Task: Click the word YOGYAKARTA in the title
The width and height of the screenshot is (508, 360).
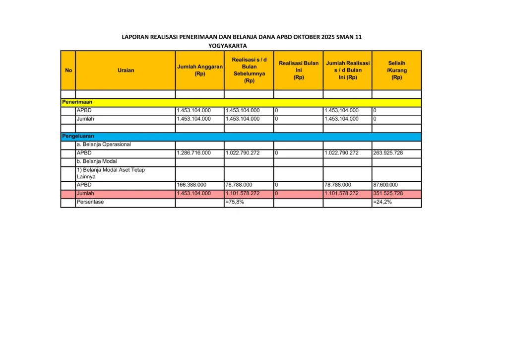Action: (x=227, y=46)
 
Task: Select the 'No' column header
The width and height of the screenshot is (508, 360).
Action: (x=68, y=70)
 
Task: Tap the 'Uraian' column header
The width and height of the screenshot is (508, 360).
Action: (x=126, y=70)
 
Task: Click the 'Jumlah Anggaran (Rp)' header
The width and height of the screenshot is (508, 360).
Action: (x=200, y=70)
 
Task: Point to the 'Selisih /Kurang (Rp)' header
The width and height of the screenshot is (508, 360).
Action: (x=396, y=70)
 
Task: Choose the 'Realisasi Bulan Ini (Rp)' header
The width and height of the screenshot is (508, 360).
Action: (x=299, y=70)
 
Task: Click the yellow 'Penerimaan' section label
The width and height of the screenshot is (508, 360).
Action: (x=77, y=102)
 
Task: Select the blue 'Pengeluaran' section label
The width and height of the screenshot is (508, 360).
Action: (x=78, y=136)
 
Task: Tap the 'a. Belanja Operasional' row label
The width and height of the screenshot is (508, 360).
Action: (x=104, y=144)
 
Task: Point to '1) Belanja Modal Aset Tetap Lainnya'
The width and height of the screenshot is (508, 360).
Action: (x=111, y=173)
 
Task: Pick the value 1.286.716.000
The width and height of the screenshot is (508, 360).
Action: (x=193, y=153)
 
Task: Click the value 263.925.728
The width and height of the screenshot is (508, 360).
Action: (x=388, y=153)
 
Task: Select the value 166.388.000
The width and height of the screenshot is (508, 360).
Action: (x=191, y=185)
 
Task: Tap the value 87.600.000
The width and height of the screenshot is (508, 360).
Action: (x=385, y=185)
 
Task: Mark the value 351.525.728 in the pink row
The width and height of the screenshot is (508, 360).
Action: (x=388, y=193)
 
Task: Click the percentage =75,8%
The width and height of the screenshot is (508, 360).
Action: (x=235, y=202)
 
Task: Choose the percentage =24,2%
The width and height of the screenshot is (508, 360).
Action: (x=382, y=202)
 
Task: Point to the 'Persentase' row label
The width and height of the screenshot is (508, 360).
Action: (x=90, y=202)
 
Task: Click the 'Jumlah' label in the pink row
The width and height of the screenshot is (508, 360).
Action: (x=85, y=193)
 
